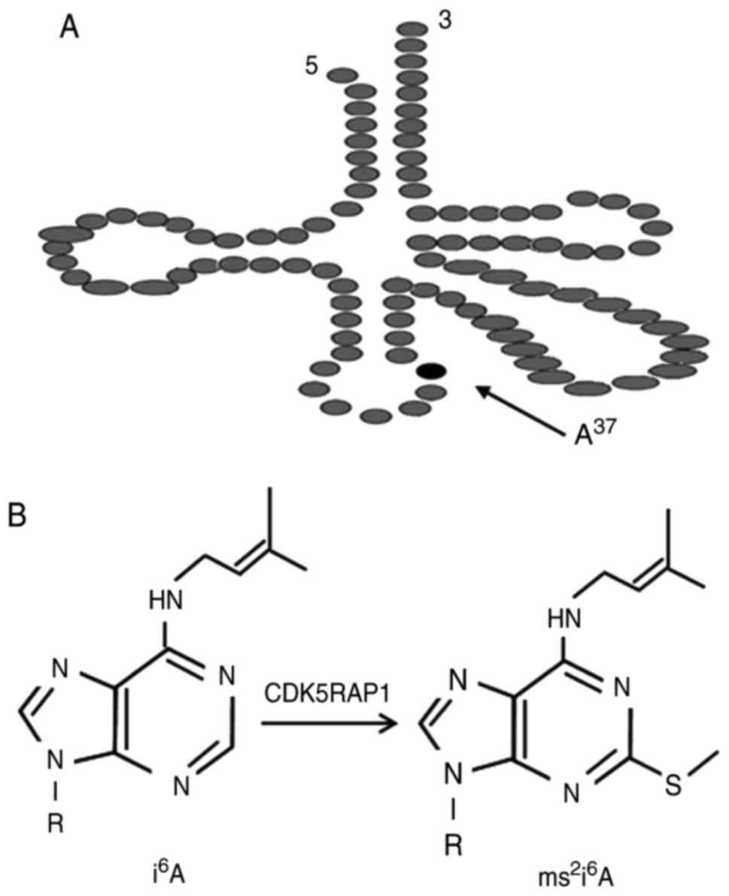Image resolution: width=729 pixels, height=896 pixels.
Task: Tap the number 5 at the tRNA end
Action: coord(311,67)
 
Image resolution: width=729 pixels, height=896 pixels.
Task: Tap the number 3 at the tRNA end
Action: coord(444,21)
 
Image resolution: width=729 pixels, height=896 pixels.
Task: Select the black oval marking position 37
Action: coord(433,370)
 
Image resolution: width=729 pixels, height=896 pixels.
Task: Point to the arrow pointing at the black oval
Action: coord(519,410)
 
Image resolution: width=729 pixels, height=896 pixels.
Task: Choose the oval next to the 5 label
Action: coord(342,74)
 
